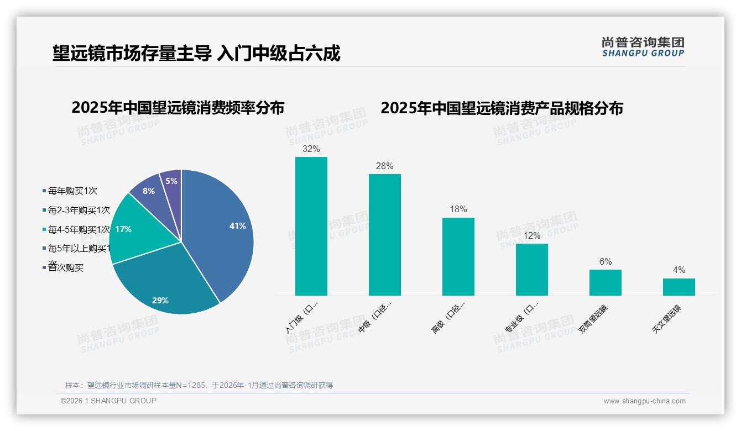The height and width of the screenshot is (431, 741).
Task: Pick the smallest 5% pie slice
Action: tap(172, 182)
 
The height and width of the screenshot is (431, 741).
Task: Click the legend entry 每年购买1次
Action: tap(72, 191)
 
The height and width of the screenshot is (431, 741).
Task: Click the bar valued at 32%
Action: tap(311, 227)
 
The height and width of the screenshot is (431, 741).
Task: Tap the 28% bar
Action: tap(384, 235)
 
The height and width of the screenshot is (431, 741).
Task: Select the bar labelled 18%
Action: tap(458, 257)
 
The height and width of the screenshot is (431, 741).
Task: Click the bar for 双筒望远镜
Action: tap(605, 282)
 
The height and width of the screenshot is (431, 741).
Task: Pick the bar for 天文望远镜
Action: tap(679, 287)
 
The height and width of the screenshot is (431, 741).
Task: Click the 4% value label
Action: tap(679, 270)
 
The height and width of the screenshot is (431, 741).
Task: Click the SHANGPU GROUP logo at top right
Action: tap(643, 47)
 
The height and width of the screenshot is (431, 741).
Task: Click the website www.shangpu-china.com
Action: tap(644, 401)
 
